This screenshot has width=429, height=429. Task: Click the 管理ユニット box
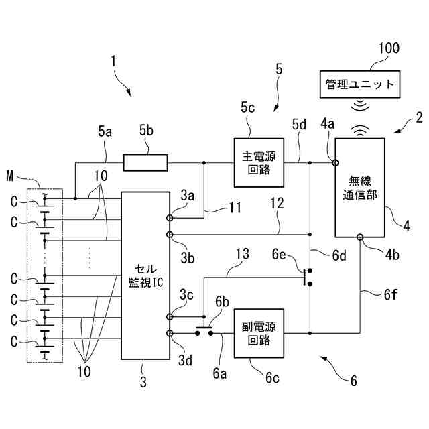[360, 84]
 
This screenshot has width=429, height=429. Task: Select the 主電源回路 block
[259, 162]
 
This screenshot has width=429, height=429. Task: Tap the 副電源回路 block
[259, 333]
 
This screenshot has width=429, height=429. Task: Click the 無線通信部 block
[360, 188]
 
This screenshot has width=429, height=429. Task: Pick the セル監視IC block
[145, 275]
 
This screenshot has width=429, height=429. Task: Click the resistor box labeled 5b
[145, 163]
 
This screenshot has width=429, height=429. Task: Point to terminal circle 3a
[170, 218]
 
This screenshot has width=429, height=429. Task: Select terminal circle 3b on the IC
[170, 235]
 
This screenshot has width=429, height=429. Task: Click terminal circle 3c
[170, 317]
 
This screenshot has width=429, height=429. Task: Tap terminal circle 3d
[170, 333]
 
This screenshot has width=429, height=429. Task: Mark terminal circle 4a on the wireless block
[335, 163]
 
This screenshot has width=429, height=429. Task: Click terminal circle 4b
[360, 237]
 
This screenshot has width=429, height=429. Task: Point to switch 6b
[204, 330]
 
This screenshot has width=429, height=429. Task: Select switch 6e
[308, 278]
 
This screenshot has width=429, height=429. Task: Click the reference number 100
[389, 48]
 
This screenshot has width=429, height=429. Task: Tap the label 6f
[390, 295]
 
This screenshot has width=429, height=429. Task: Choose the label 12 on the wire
[277, 204]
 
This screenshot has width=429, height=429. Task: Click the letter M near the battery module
[10, 176]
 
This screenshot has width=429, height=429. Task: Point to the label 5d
[299, 125]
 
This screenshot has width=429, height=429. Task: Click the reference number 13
[243, 254]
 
